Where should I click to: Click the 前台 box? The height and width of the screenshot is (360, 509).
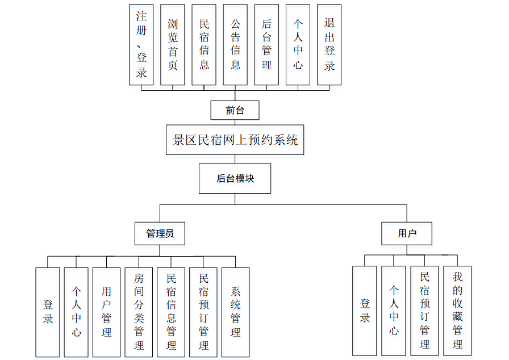235,110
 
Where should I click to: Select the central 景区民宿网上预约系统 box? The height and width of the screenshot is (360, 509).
235,140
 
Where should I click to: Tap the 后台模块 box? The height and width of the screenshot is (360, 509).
235,178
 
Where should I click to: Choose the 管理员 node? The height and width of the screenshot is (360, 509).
160,233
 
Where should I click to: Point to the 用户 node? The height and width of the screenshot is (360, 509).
407,233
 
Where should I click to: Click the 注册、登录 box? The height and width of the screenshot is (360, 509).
141,44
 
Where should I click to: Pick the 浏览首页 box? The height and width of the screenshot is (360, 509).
173,44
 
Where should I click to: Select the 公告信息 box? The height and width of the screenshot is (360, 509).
235,44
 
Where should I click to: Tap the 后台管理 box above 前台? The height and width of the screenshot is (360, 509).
266,44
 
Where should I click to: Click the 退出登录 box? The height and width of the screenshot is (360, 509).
329,44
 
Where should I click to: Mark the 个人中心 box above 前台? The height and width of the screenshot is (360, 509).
298,44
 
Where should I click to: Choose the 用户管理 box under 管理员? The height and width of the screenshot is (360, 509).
106,312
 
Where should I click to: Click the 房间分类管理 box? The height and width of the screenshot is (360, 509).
139,312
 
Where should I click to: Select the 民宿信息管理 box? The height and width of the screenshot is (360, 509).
171,312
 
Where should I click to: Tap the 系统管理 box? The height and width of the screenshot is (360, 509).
235,312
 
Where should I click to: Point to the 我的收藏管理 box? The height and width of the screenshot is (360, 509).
457,311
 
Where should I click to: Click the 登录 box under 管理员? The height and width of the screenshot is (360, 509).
48,312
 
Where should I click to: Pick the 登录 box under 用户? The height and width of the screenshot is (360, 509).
365,311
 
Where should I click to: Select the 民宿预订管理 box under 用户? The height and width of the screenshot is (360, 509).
425,311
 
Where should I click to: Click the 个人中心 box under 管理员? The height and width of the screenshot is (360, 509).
76,312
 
